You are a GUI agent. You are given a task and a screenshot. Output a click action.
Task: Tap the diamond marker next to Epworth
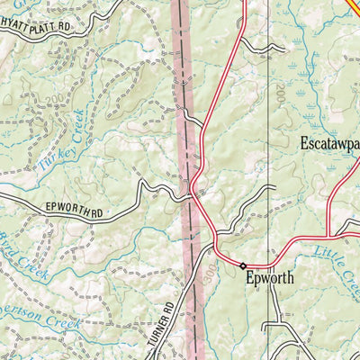point(242,265)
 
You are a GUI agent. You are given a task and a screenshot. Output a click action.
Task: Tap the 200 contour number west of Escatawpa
point(279,93)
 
